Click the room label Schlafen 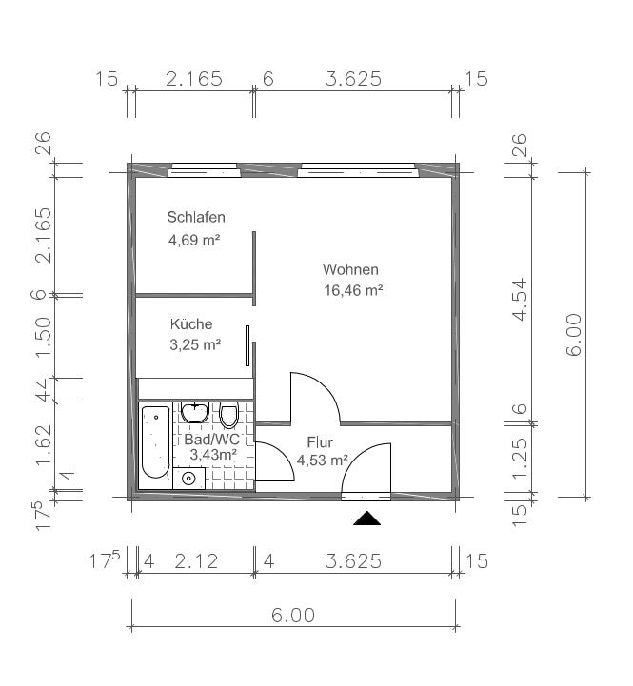pos(196,217)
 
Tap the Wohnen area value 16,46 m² pos(353,290)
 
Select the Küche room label pos(191,323)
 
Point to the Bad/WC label pos(212,439)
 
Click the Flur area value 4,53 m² pos(322,460)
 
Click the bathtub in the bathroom pos(155,442)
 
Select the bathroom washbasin pos(195,413)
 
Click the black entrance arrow pos(366,518)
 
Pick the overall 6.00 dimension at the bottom pos(293,616)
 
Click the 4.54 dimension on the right pos(521,300)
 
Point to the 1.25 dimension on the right pos(521,458)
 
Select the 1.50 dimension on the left pos(43,337)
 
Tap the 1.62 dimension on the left pos(44,444)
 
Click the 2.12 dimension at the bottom pos(196,561)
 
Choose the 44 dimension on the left pos(44,390)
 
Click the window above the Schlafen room pos(205,170)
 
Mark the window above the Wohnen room pos(359,170)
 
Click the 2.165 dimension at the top pos(194,79)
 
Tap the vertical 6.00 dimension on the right pos(574,335)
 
